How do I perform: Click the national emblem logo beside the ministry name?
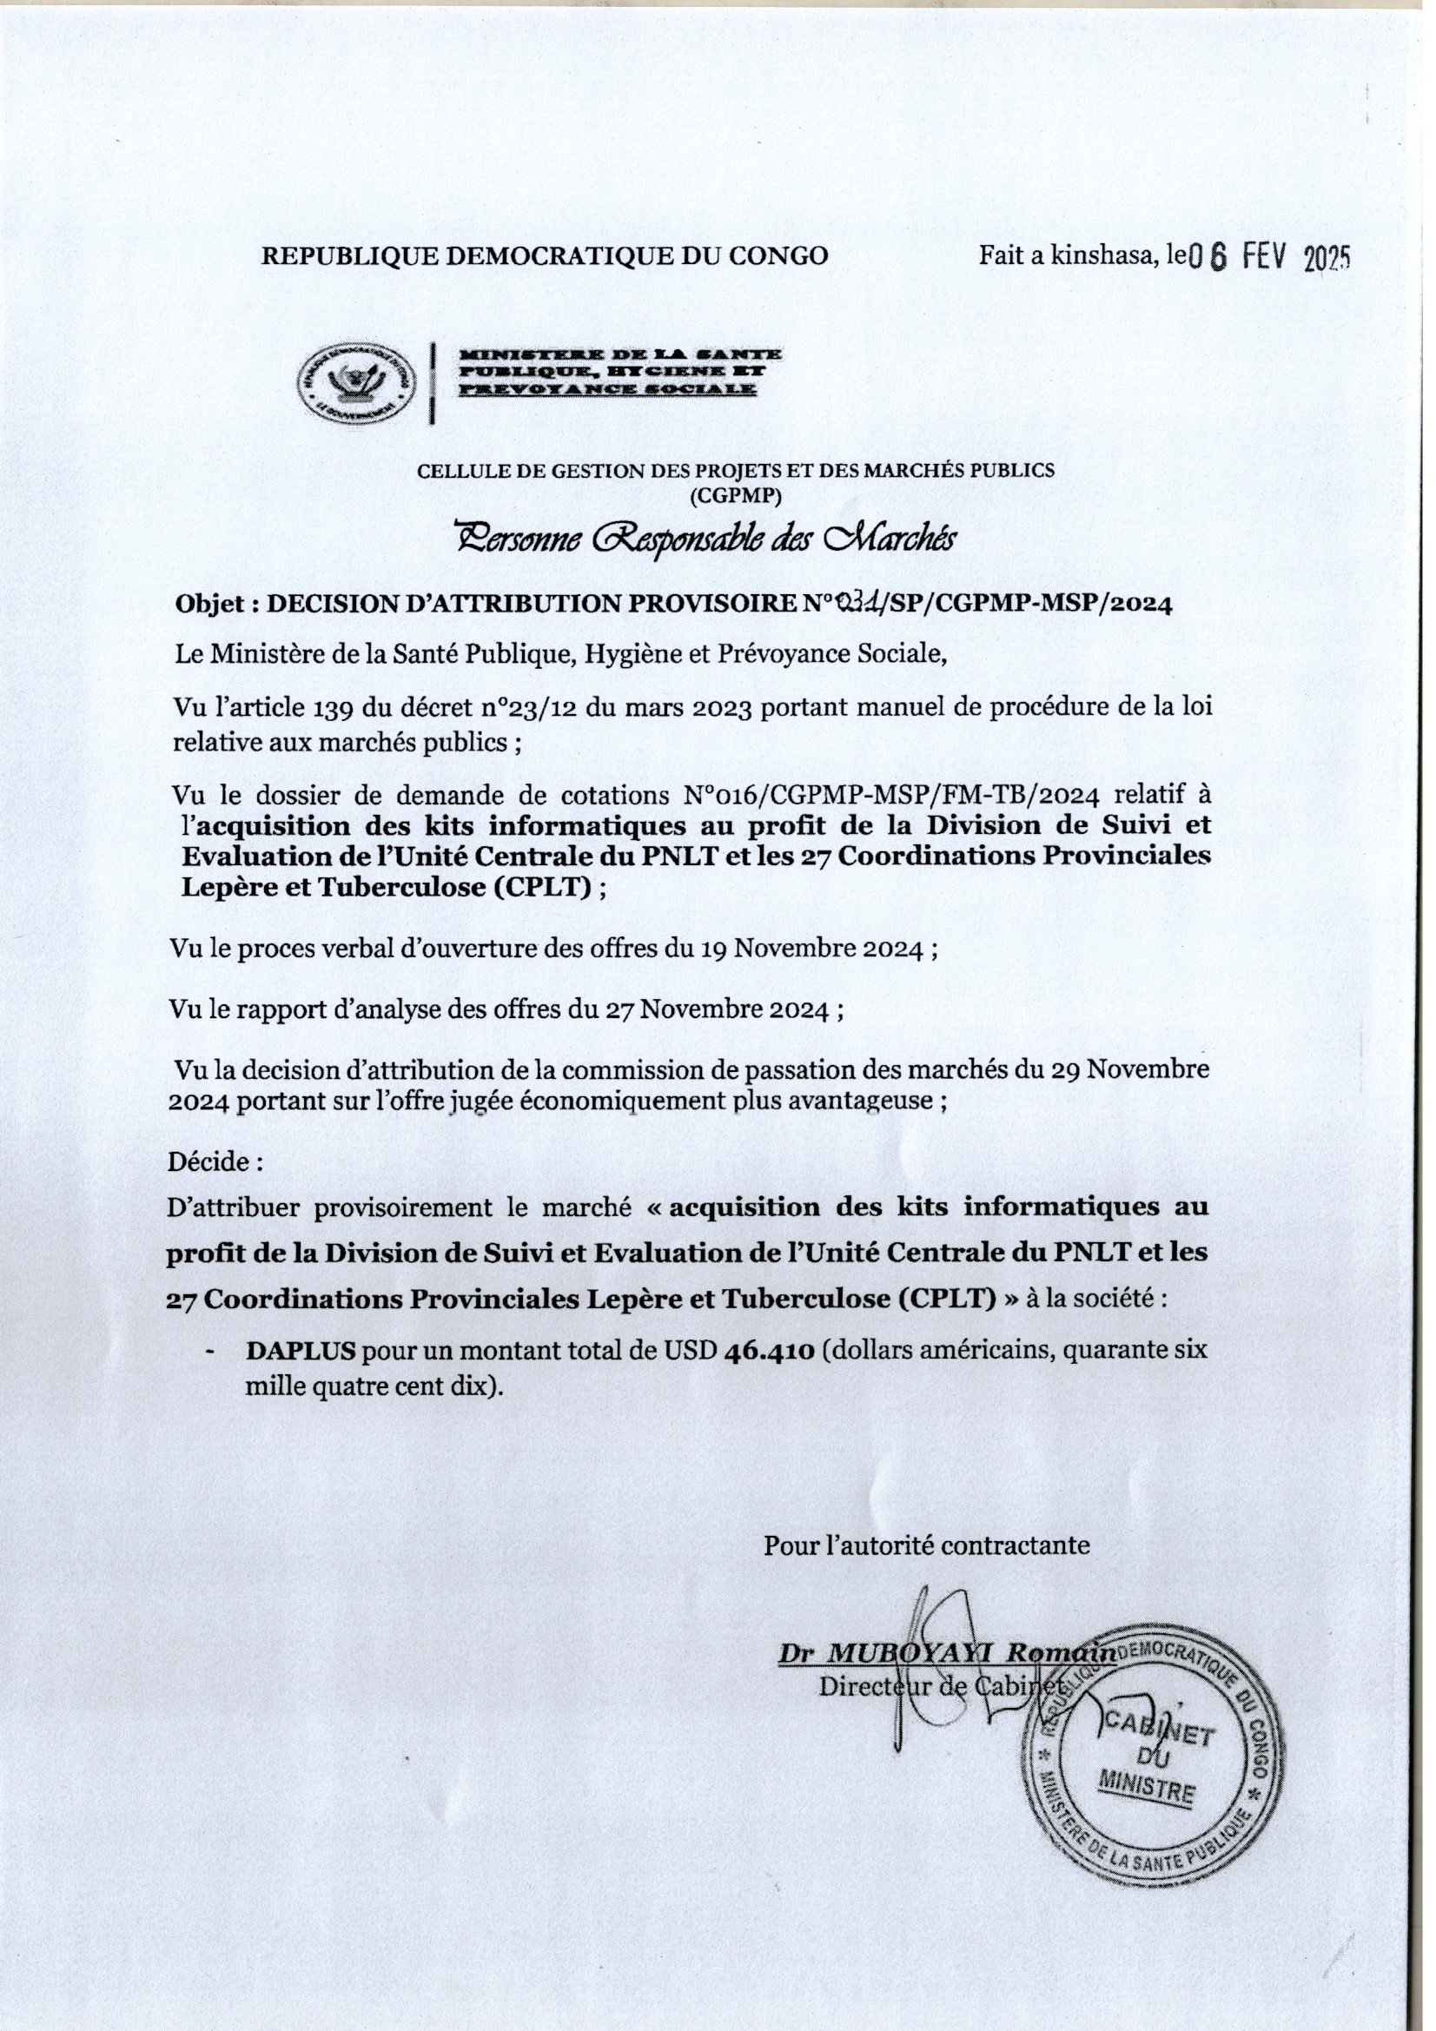(x=355, y=383)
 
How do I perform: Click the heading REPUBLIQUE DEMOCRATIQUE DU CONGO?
(x=545, y=255)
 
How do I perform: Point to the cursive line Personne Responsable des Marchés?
(x=705, y=538)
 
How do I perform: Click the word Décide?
(x=212, y=1161)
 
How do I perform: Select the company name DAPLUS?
(x=301, y=1351)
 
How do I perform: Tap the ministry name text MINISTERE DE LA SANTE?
(x=620, y=354)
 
